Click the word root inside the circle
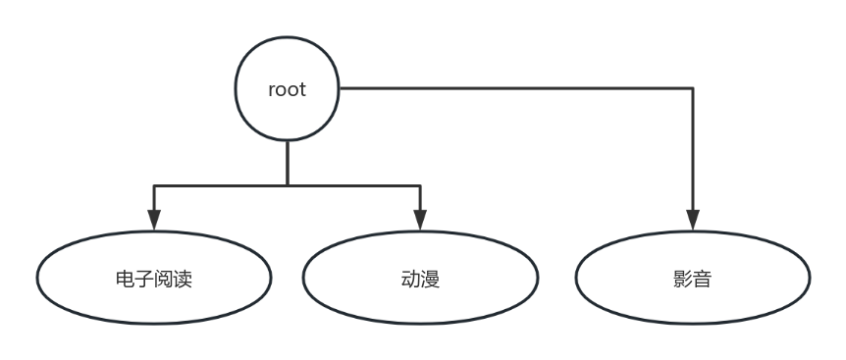pos(287,89)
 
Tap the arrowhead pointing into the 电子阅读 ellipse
pos(153,219)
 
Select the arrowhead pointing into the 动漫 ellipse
pos(420,219)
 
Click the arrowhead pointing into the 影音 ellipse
pos(693,219)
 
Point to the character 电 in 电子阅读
pos(125,280)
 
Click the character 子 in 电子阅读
pos(143,280)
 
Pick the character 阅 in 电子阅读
pos(163,280)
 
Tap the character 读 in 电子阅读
pos(183,280)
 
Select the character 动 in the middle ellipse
pos(410,280)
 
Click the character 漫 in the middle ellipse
pos(430,280)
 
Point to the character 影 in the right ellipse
pos(683,280)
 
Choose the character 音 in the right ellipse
pos(703,280)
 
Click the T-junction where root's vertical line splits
pos(287,184)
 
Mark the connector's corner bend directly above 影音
pos(693,89)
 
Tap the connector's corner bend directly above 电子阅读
pos(153,184)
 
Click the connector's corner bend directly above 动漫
pos(420,184)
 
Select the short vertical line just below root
pos(287,162)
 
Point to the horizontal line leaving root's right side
pos(510,89)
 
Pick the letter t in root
pos(302,89)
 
